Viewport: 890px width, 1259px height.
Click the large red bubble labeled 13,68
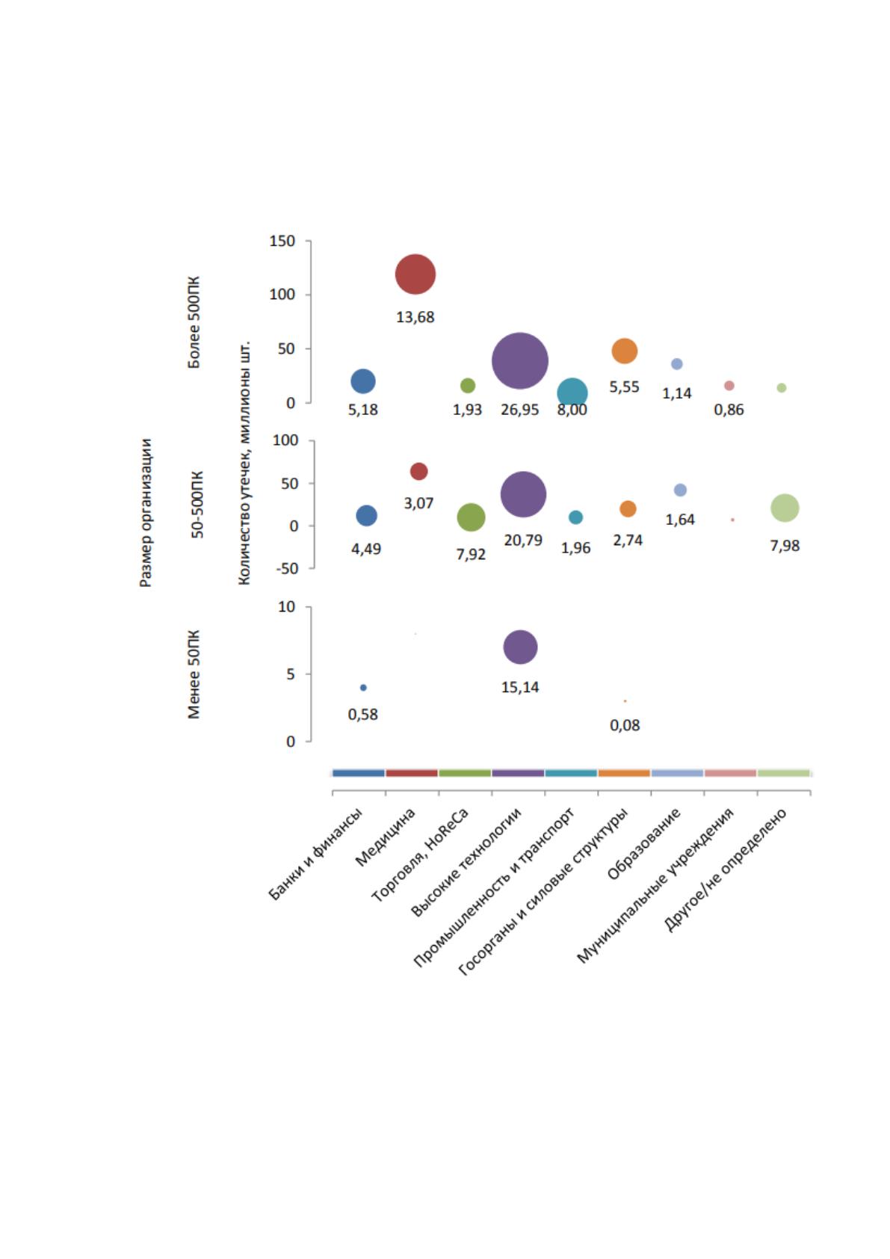415,274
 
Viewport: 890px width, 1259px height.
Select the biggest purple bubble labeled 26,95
520,361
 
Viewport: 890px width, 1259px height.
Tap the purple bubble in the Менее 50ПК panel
520,647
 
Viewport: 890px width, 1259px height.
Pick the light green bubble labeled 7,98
785,508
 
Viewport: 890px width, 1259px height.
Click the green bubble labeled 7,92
471,517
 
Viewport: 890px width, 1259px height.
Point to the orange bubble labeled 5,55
624,351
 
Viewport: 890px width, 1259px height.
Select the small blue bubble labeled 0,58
363,687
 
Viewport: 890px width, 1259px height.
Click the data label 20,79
523,540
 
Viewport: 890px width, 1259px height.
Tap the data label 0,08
625,725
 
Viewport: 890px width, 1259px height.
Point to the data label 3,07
418,503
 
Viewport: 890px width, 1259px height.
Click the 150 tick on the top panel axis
282,241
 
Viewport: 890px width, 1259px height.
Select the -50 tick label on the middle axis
286,568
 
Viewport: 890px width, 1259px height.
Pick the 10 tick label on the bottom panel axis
286,607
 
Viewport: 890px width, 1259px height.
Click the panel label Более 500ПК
194,322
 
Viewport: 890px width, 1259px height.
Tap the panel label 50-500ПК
197,505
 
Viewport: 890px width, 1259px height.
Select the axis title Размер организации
146,513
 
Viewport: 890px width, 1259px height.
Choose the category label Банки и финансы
316,855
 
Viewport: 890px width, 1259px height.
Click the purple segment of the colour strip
518,773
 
